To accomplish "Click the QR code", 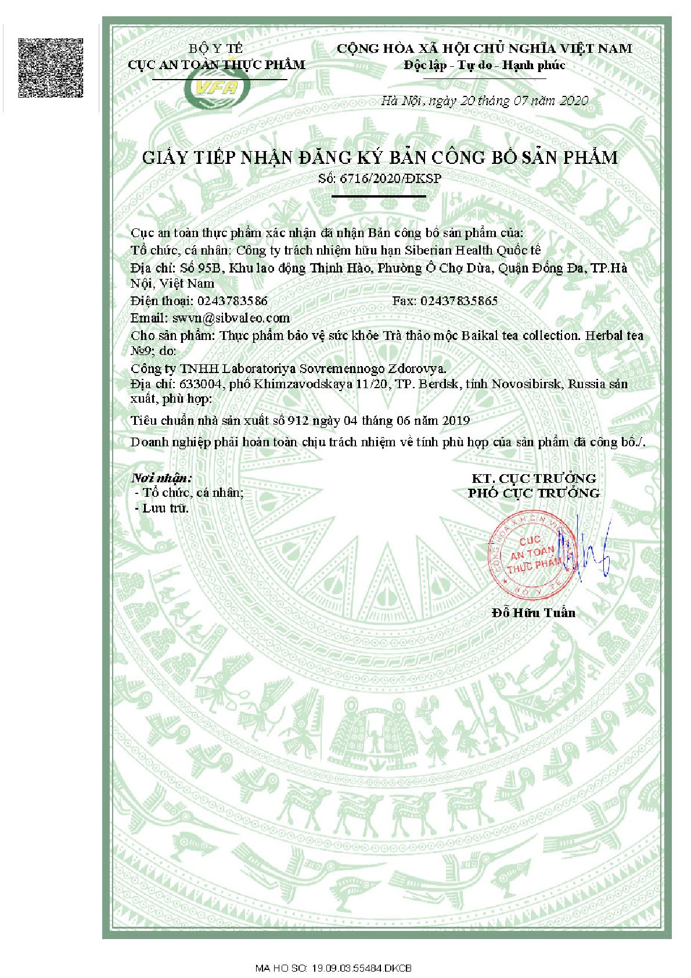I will tap(51, 68).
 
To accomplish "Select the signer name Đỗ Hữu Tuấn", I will tap(533, 612).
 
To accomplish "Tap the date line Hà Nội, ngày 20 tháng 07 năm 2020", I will tap(484, 101).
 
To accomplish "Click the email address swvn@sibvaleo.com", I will tap(231, 318).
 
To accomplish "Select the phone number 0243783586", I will tap(232, 301).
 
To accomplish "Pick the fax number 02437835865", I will tap(459, 301).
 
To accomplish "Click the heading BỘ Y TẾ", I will tap(216, 48).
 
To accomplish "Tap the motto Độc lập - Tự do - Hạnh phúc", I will tap(484, 65).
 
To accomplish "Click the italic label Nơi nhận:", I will tap(161, 478).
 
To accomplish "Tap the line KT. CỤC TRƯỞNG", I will tap(534, 478).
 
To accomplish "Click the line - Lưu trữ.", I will tap(162, 508).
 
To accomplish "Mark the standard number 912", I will tap(297, 421).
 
